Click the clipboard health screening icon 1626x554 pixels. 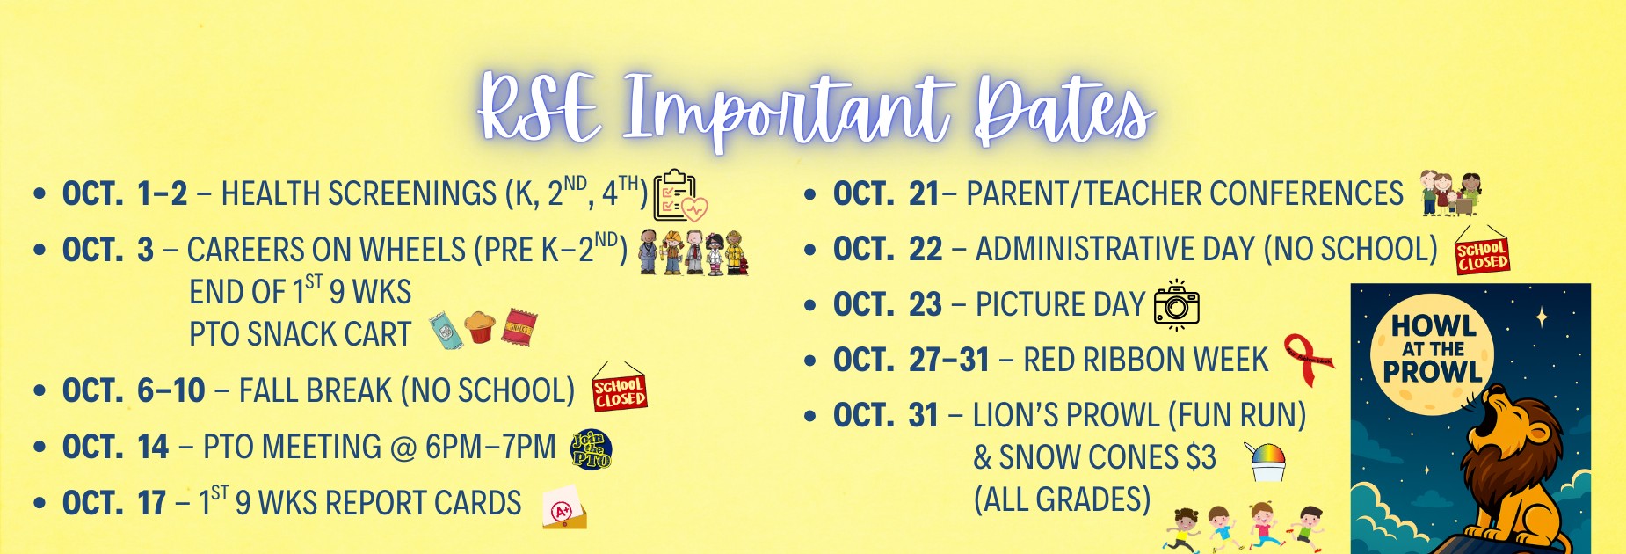pos(680,195)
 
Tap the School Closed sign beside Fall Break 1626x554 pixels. pos(620,388)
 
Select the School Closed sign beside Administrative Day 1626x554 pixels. pos(1482,251)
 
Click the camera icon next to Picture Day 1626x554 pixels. pos(1176,305)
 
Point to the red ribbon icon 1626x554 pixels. pos(1309,360)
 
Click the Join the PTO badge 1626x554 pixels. pos(591,448)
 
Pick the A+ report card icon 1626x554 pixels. pos(564,507)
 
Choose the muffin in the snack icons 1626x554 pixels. pos(479,327)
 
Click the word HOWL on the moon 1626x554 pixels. pos(1433,326)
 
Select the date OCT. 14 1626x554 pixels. pos(115,448)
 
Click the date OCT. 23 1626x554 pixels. pos(888,305)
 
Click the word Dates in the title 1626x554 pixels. pos(1064,111)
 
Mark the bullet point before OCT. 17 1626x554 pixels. pos(39,504)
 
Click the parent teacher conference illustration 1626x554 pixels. pos(1451,193)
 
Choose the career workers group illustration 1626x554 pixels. pos(693,253)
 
